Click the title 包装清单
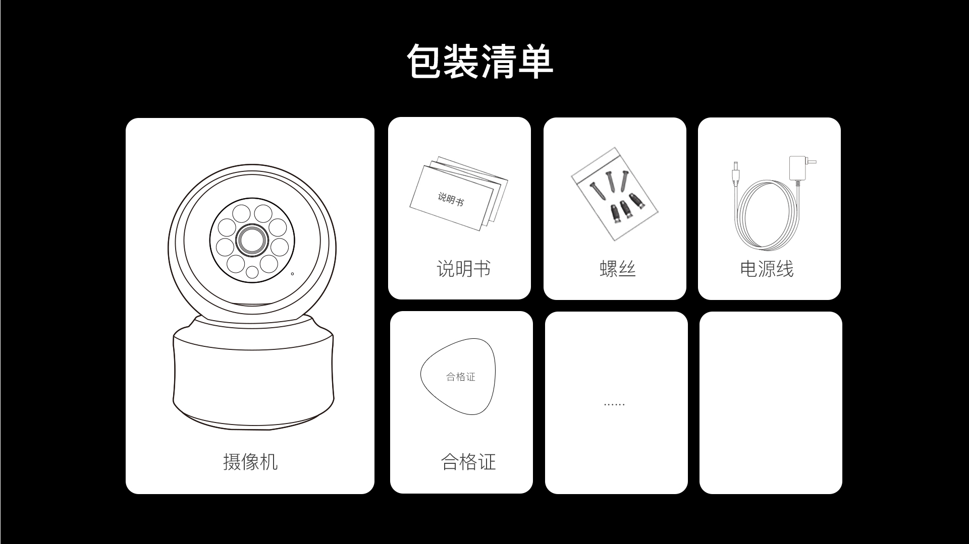pyautogui.click(x=480, y=62)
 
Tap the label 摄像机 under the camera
pyautogui.click(x=250, y=462)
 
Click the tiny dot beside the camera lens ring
pyautogui.click(x=292, y=274)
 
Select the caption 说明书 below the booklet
pyautogui.click(x=463, y=269)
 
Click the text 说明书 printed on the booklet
pyautogui.click(x=450, y=199)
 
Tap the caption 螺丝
pyautogui.click(x=617, y=269)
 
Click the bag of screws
pyautogui.click(x=615, y=194)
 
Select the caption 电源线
pyautogui.click(x=767, y=269)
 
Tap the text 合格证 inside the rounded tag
pyautogui.click(x=461, y=377)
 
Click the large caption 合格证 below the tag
pyautogui.click(x=468, y=462)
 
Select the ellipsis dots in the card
pyautogui.click(x=614, y=404)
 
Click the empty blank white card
pyautogui.click(x=771, y=403)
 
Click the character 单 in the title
pyautogui.click(x=536, y=62)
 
